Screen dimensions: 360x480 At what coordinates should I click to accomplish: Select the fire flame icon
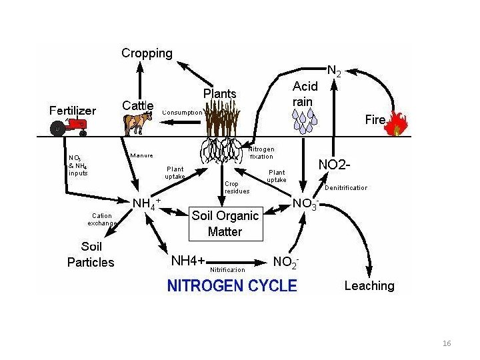398,123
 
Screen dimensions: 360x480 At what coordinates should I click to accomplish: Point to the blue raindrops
305,120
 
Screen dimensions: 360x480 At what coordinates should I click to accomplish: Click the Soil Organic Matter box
225,223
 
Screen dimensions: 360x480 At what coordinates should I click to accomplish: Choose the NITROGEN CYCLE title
231,286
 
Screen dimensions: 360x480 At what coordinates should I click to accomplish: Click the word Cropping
147,53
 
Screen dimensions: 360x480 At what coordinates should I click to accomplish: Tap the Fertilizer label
73,111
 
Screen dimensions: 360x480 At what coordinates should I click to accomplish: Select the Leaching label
369,286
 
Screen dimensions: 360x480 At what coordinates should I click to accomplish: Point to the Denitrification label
345,188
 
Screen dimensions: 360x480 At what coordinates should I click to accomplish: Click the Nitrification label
227,270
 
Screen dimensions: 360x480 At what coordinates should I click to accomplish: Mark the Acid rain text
305,93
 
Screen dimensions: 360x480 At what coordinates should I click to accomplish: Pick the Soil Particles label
91,254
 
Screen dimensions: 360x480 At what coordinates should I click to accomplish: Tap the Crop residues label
237,187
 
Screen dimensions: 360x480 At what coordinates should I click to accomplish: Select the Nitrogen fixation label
261,153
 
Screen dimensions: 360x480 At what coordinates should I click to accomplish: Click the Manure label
142,155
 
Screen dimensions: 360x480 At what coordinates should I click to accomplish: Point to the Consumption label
182,113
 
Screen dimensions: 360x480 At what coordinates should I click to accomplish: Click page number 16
447,343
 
